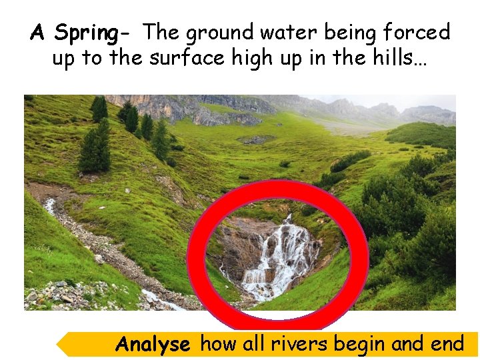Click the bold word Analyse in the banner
pos(153,344)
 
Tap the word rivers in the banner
pos(301,344)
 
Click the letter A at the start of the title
pos(38,32)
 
